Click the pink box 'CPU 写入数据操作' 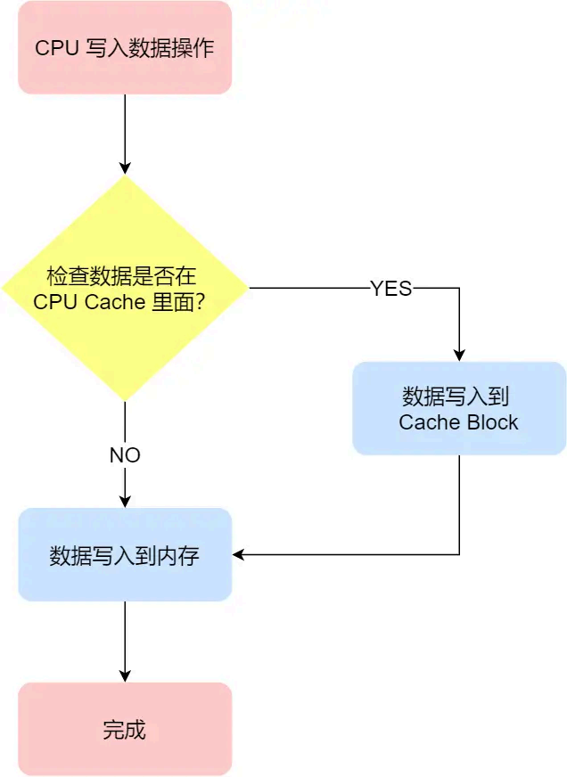125,47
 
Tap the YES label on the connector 390,289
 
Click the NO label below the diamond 125,455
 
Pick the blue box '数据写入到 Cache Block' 459,408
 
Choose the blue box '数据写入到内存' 125,555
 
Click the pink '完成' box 125,729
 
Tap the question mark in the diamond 201,302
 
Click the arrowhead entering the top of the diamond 125,168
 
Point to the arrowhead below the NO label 125,501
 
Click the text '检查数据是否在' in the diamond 125,276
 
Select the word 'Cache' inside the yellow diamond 114,302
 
